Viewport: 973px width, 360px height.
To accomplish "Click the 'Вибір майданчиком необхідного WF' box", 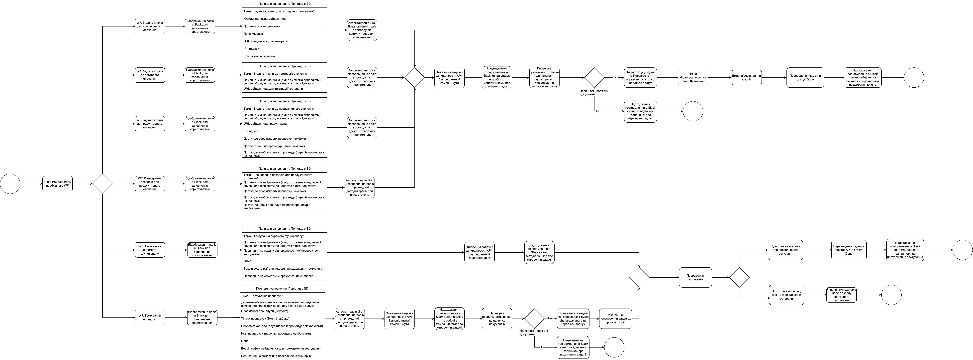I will coord(57,184).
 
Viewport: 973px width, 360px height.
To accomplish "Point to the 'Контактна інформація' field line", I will coord(260,56).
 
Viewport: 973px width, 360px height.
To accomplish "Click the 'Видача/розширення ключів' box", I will coord(746,77).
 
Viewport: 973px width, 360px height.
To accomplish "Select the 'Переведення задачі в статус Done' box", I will coord(805,77).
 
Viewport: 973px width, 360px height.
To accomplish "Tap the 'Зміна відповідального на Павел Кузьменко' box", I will coord(693,77).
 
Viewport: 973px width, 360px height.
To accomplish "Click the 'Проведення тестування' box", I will coord(695,277).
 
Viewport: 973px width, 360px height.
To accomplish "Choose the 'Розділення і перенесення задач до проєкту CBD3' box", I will coord(615,318).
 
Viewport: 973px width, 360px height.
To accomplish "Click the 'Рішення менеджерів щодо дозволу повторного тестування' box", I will coord(841,295).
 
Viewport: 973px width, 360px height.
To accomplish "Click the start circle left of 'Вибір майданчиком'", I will coord(10,184).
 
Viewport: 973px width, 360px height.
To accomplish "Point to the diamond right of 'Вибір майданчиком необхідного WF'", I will coord(102,184).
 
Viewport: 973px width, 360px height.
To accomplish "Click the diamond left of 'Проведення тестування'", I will coord(639,277).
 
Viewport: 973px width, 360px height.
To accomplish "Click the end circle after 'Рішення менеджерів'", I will coord(891,295).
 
